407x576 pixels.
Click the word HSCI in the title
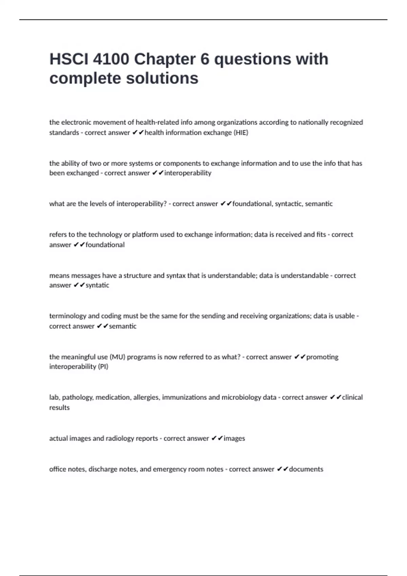pos(69,59)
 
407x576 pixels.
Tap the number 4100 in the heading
pos(111,59)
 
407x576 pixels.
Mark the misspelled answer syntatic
pos(97,285)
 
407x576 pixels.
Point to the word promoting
pos(322,357)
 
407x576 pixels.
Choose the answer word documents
pos(306,469)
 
